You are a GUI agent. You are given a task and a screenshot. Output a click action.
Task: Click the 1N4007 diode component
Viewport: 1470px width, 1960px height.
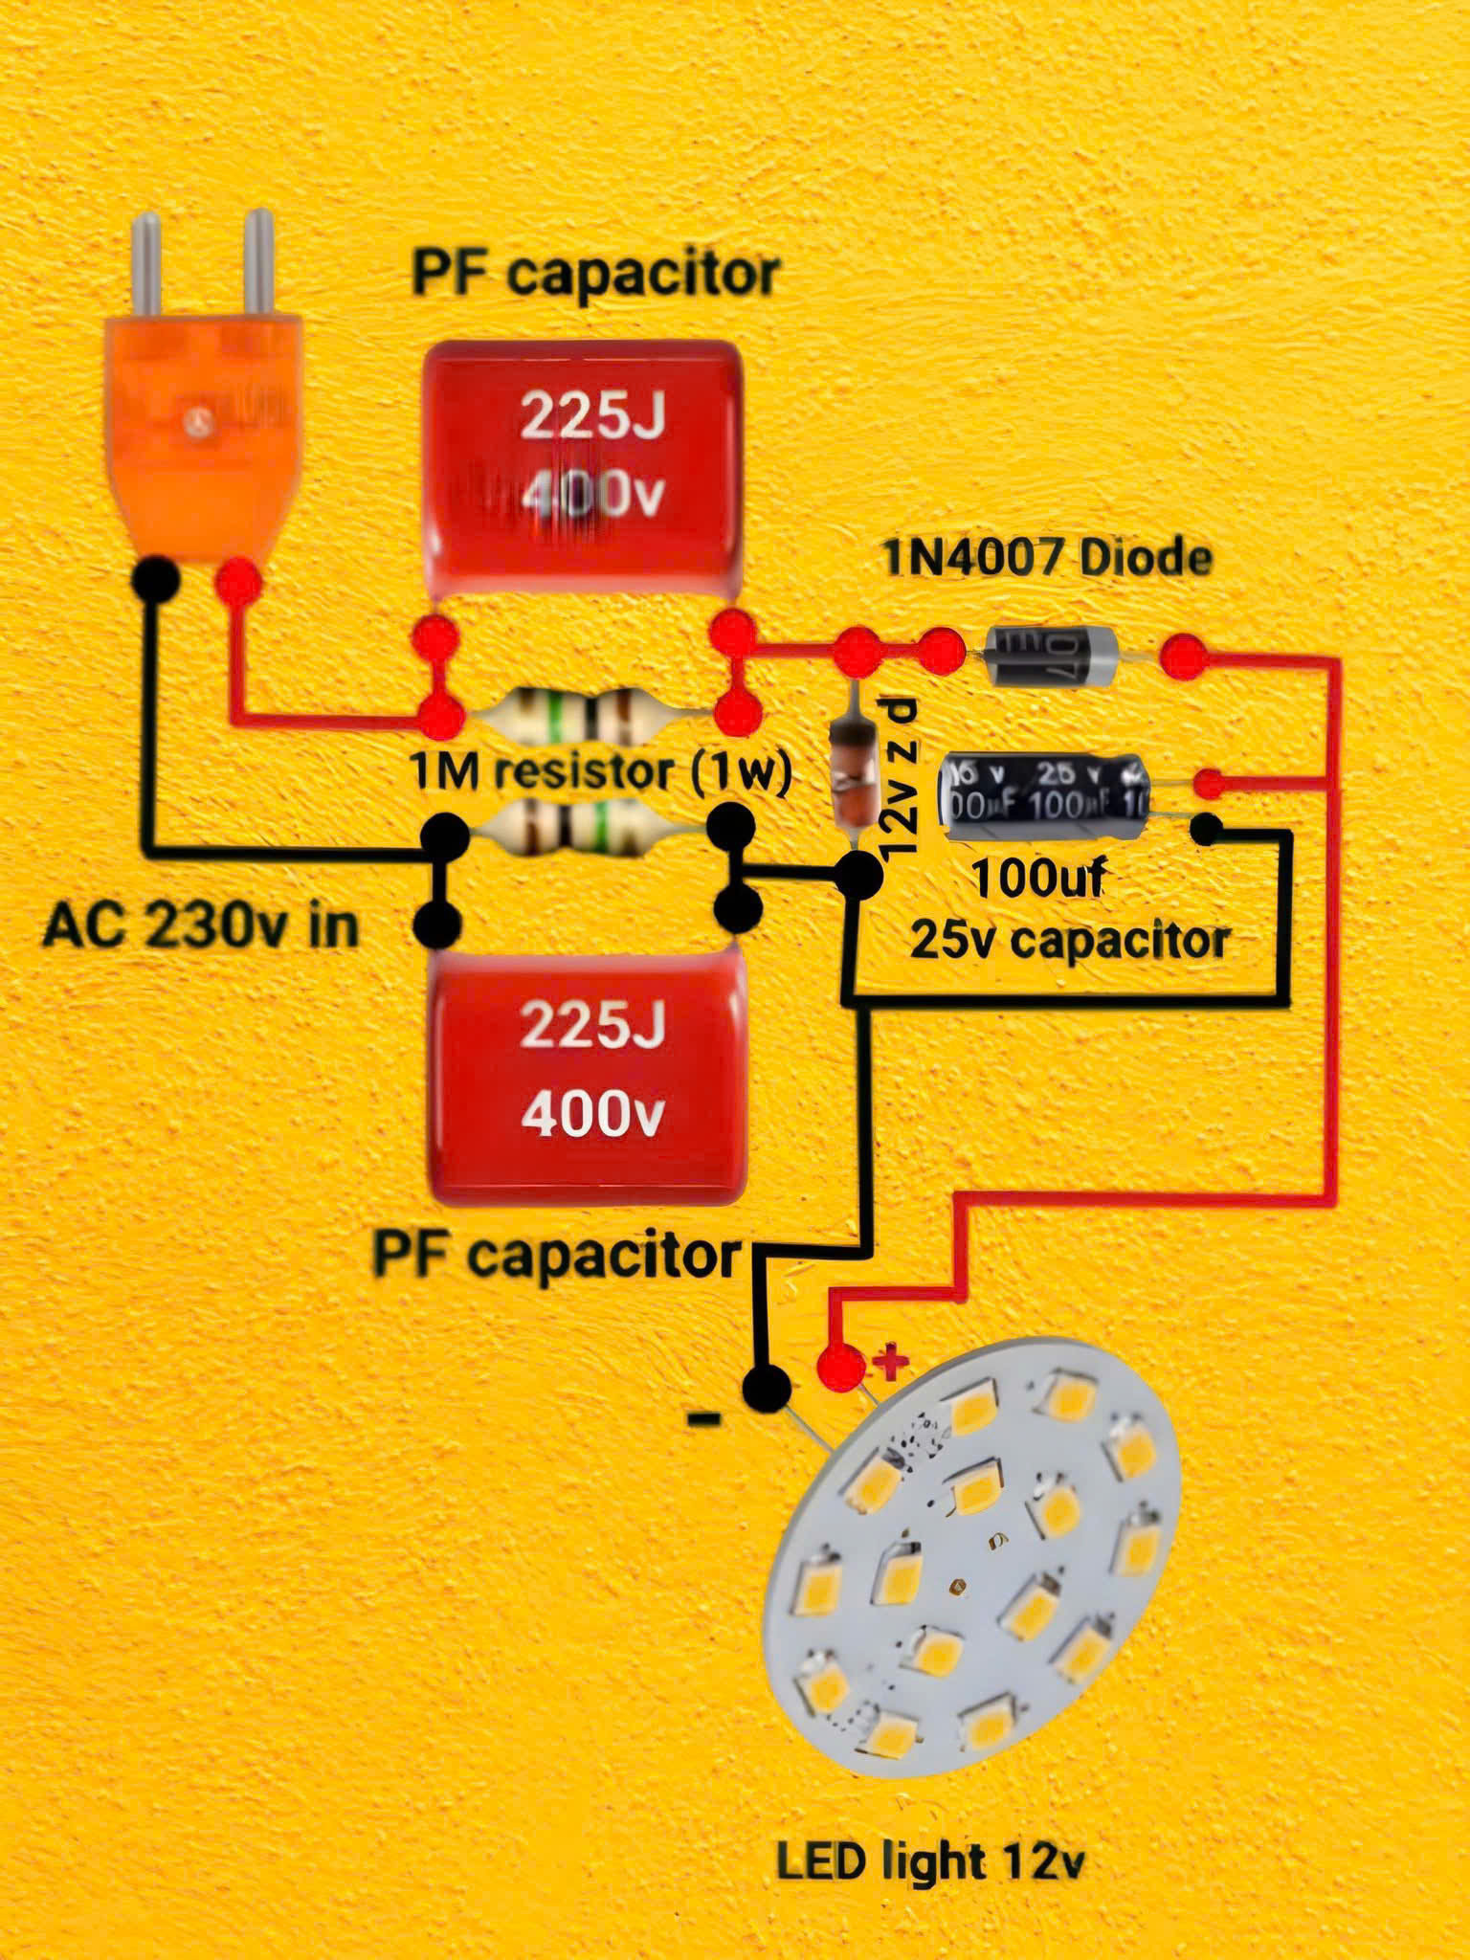(x=1051, y=656)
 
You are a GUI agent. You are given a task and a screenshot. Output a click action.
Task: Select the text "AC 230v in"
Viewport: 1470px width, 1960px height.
(x=201, y=926)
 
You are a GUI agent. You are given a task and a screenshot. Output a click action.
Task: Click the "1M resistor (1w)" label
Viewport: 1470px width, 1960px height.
(x=600, y=772)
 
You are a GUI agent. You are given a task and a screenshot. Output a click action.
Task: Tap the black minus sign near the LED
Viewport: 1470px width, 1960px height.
(x=705, y=1419)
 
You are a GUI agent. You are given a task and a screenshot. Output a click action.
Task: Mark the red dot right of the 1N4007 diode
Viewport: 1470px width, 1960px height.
(x=1183, y=657)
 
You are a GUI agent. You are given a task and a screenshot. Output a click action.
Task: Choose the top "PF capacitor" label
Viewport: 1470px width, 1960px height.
(x=594, y=275)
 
